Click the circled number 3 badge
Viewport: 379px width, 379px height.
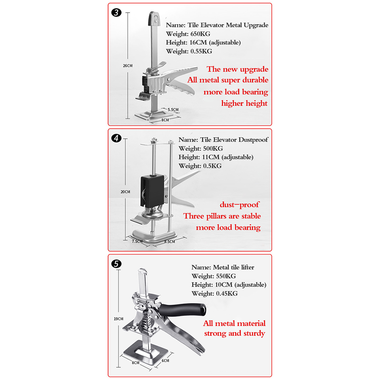click(116, 12)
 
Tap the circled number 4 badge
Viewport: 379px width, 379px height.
click(116, 138)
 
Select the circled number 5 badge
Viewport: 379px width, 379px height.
click(116, 264)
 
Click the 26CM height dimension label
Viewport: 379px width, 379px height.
click(127, 66)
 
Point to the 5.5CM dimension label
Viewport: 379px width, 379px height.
click(173, 109)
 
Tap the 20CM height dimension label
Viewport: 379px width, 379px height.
click(125, 192)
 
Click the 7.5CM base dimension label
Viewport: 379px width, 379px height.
click(137, 241)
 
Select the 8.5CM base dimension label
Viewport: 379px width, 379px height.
click(169, 241)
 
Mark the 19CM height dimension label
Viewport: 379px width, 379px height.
click(118, 319)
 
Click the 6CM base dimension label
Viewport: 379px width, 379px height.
click(165, 360)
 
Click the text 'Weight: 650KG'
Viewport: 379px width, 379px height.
click(188, 34)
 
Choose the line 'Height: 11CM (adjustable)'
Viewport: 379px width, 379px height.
click(216, 157)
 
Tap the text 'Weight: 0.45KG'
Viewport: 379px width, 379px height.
click(214, 294)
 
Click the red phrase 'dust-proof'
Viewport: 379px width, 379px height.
click(239, 205)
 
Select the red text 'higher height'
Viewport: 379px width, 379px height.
click(244, 104)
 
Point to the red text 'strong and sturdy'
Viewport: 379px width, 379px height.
click(235, 333)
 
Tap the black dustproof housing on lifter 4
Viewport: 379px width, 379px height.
click(152, 191)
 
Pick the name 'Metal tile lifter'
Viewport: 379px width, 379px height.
click(233, 267)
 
